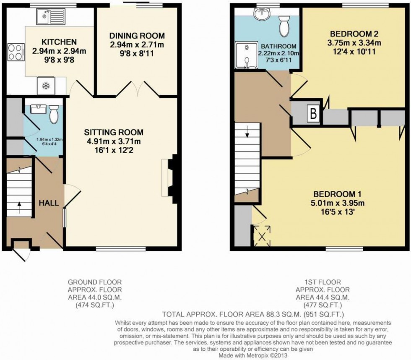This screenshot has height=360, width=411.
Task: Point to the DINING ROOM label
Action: click(137, 36)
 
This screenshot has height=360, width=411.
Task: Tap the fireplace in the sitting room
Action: click(172, 176)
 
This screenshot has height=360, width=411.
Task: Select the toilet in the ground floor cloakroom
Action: click(54, 114)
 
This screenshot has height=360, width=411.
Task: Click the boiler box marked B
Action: click(313, 114)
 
